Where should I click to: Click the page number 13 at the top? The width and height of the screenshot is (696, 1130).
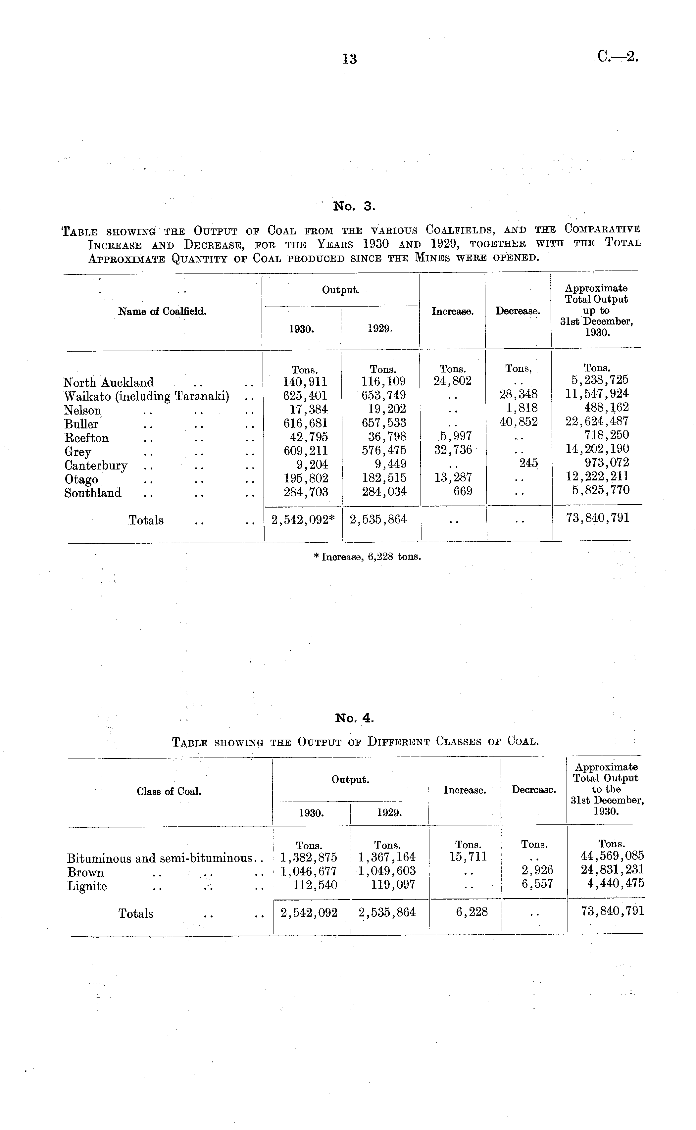coord(349,59)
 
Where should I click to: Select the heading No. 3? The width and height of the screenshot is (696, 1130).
coord(354,206)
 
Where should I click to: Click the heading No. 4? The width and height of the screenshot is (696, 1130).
coord(354,718)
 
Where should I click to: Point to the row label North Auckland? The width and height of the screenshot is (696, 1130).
coord(109,382)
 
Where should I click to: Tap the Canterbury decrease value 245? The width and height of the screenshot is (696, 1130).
coord(528,463)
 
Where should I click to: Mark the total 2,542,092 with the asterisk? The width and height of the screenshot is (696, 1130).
coord(303,520)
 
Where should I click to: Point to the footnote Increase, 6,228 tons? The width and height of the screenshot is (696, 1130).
coord(367,557)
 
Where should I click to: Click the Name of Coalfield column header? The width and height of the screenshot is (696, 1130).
coord(162,312)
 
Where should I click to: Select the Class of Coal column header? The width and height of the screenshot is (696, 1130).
coord(169,792)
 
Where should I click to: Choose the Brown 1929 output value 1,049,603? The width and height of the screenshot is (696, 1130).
coord(387,871)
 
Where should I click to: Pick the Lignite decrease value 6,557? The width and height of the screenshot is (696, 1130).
coord(537,884)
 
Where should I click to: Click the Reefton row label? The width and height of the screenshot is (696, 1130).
coord(86,438)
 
